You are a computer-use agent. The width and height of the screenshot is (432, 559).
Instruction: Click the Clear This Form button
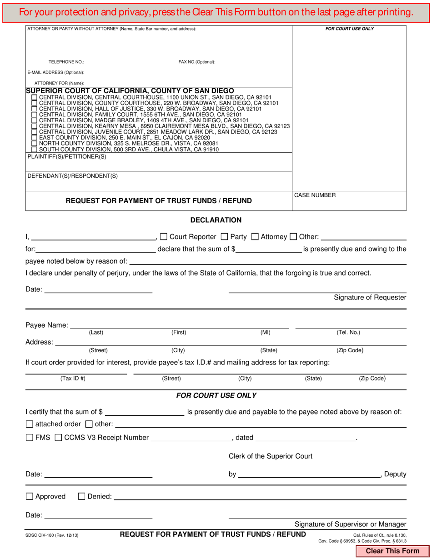coord(393,551)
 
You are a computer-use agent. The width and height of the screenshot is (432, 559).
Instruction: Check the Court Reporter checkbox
coord(164,236)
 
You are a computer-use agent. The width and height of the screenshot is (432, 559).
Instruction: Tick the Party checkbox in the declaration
coord(224,236)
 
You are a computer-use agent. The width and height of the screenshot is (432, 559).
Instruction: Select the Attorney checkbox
coord(255,236)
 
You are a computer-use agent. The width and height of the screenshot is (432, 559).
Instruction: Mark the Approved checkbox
coord(30,497)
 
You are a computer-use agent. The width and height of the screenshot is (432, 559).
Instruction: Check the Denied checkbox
coord(81,497)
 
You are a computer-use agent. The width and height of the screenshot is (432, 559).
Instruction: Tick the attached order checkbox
coord(30,424)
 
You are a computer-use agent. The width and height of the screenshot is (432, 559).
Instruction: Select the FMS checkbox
coord(30,438)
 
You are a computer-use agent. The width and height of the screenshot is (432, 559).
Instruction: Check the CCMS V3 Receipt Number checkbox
coord(59,438)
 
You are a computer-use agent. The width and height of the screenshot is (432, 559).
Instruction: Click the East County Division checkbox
coord(34,137)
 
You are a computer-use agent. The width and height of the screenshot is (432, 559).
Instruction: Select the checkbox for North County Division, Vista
coord(34,143)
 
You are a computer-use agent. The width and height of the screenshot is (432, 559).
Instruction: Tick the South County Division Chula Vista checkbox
coord(34,149)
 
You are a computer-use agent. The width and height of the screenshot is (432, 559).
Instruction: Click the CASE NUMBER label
coord(315,195)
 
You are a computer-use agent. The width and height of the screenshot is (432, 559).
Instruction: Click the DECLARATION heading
coord(216,220)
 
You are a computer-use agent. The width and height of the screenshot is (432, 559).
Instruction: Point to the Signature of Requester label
coord(370,298)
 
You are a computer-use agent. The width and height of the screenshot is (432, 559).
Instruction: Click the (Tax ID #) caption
coord(73,379)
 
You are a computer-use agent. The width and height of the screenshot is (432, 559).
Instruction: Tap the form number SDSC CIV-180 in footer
coord(52,535)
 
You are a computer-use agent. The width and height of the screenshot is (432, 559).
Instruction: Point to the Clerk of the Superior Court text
coord(270,456)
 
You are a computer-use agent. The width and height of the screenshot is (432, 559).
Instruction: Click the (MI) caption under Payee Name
coord(265,333)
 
